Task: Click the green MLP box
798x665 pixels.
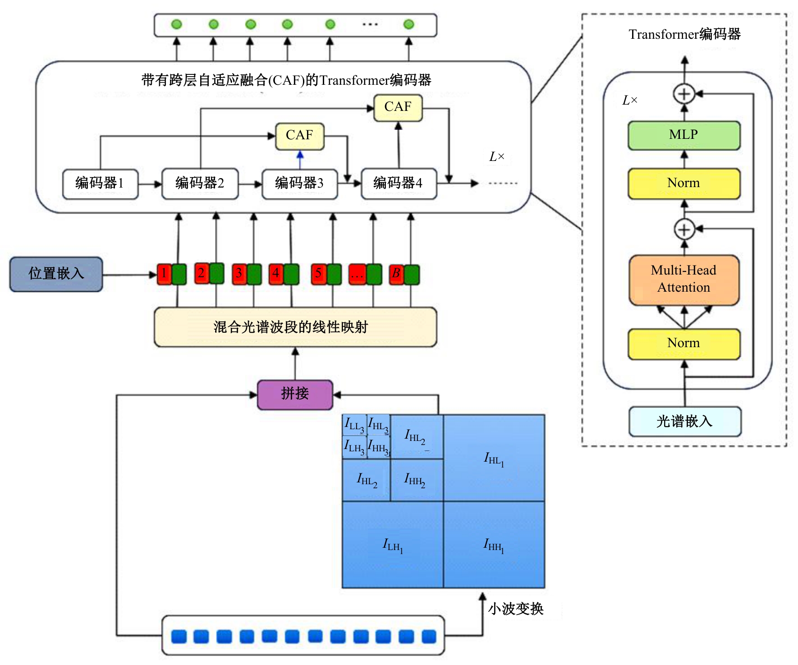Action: [683, 135]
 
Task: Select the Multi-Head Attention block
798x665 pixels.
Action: [683, 280]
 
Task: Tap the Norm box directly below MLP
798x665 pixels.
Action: [683, 183]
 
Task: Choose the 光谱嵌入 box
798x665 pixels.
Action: [684, 422]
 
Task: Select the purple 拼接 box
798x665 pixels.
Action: [295, 394]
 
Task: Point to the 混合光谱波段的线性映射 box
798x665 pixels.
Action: [295, 327]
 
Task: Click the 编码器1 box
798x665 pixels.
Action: [100, 183]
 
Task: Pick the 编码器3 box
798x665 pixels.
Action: [299, 183]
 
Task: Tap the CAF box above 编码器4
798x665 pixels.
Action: [398, 108]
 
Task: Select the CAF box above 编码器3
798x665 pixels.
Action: [299, 136]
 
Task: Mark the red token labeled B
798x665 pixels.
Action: [396, 274]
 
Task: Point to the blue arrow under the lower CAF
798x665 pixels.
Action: [300, 160]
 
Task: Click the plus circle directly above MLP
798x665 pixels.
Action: [684, 94]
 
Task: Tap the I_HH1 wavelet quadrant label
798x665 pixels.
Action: [494, 545]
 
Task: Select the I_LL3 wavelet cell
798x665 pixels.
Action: [354, 425]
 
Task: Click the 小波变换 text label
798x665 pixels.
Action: [515, 609]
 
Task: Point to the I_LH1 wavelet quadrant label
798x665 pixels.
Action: [393, 545]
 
